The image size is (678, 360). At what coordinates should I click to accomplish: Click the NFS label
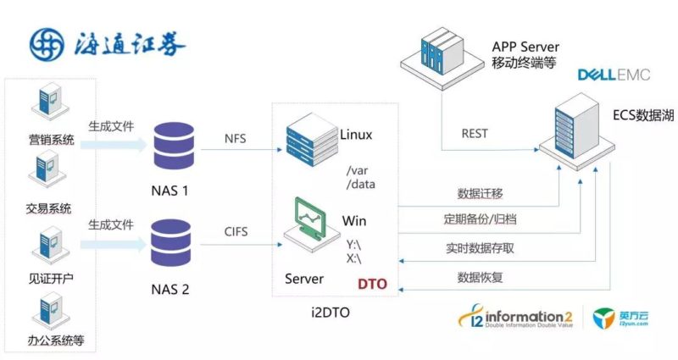point(236,139)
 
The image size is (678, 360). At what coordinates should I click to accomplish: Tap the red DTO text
point(370,284)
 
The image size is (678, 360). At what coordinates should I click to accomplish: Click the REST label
point(474,133)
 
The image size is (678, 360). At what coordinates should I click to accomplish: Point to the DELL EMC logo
point(614,75)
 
